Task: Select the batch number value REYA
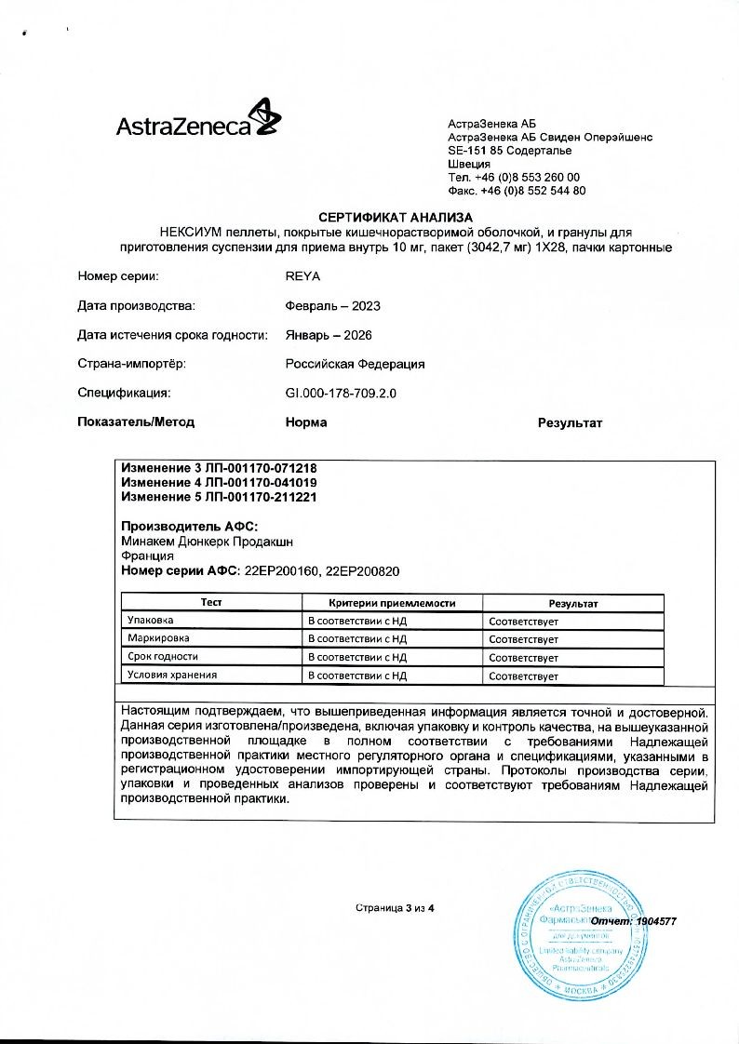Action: point(303,275)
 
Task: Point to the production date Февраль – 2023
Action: point(332,305)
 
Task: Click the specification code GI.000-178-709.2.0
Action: point(341,394)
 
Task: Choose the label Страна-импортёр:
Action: point(133,364)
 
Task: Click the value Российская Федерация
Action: point(355,364)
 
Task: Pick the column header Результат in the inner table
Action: point(572,604)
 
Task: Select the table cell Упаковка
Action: point(151,620)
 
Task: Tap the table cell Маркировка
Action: point(158,638)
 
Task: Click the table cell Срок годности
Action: point(163,657)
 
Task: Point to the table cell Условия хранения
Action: point(172,675)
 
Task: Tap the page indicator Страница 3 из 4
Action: point(396,907)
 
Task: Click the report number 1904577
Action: point(656,921)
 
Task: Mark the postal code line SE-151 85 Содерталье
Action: point(510,151)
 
